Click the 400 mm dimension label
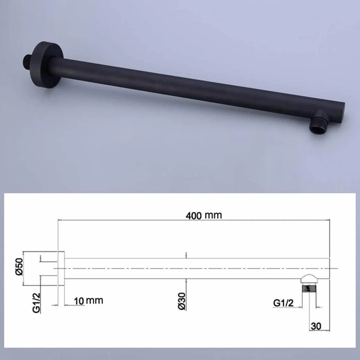pyautogui.click(x=204, y=216)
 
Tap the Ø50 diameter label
pyautogui.click(x=19, y=267)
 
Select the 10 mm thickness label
pyautogui.click(x=88, y=301)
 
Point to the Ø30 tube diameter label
pyautogui.click(x=182, y=301)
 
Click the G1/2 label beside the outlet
pyautogui.click(x=283, y=303)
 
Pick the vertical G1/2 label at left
pyautogui.click(x=36, y=303)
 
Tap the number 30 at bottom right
pyautogui.click(x=316, y=326)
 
